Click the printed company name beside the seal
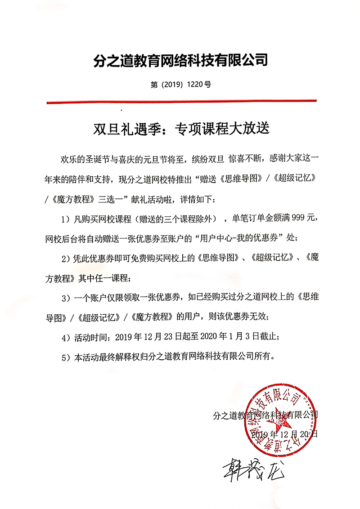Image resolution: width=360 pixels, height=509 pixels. (265, 414)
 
